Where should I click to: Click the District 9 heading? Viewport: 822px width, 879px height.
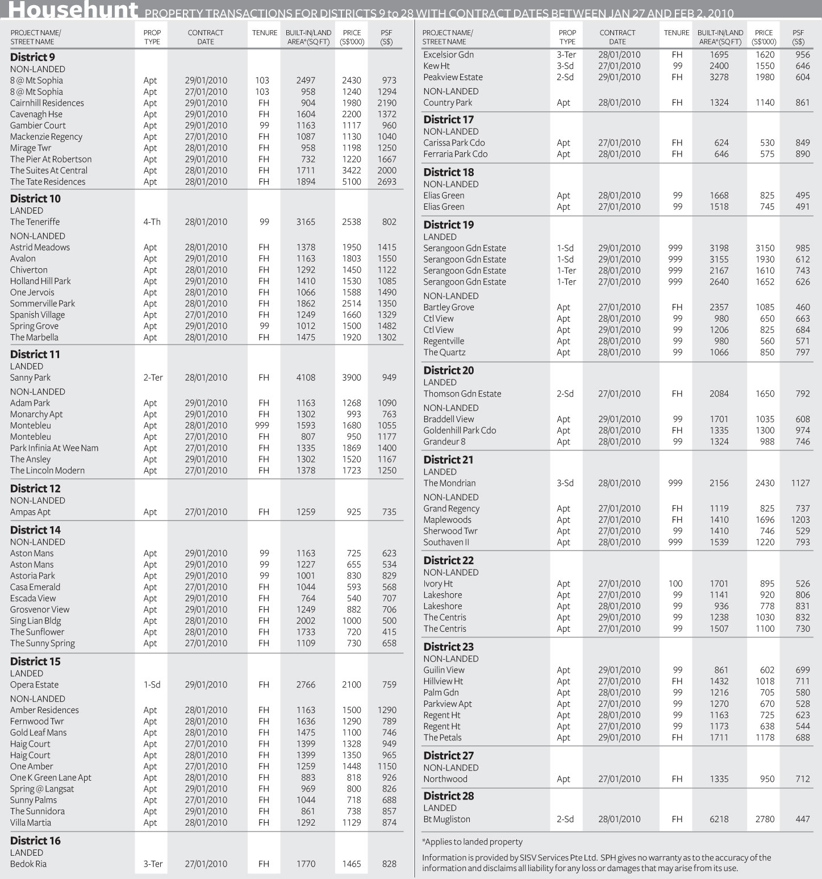(32, 57)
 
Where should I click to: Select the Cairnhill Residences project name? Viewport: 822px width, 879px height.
(47, 103)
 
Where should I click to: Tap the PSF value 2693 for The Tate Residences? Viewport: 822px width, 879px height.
(387, 182)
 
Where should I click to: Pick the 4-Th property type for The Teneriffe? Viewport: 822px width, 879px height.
(152, 222)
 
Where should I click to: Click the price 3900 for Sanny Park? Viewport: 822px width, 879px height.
(351, 377)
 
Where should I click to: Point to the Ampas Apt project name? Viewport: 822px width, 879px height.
(31, 512)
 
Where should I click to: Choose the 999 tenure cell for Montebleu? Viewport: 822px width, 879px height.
(263, 426)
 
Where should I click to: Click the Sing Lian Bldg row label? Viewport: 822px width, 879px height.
(35, 621)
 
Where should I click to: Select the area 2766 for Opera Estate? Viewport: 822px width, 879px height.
(306, 685)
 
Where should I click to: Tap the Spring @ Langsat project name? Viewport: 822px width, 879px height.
(42, 789)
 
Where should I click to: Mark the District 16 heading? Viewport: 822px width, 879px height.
(35, 841)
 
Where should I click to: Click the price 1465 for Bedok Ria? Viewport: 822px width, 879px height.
(351, 864)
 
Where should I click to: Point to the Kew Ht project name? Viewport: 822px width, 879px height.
(436, 66)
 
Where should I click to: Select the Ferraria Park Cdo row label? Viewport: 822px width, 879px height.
(455, 154)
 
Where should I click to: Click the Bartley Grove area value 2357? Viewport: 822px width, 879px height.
(719, 307)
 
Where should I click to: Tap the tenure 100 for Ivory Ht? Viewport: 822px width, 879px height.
(675, 584)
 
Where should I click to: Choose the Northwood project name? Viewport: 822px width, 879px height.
(445, 779)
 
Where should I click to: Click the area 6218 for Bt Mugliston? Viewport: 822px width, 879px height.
(719, 819)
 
